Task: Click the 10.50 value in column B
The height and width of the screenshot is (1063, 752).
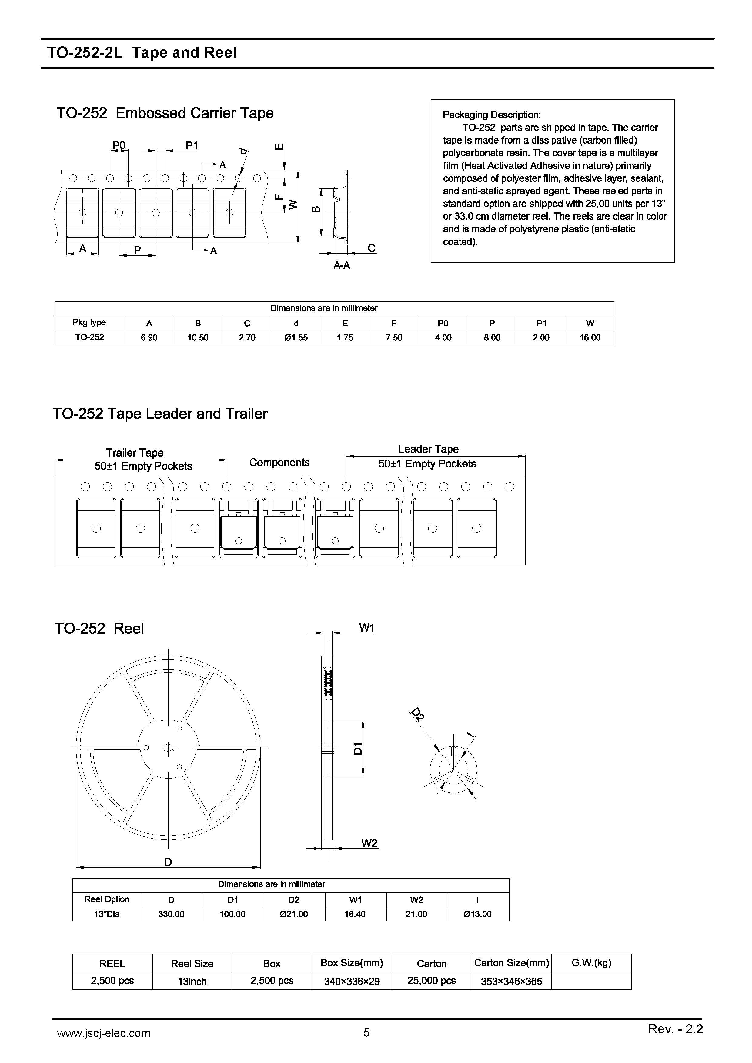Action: point(198,337)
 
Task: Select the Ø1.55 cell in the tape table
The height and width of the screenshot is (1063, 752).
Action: point(296,337)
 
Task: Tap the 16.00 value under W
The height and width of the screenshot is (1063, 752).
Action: point(590,337)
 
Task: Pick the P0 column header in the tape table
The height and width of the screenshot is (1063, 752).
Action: point(443,323)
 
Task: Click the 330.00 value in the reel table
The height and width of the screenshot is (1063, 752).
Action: point(172,914)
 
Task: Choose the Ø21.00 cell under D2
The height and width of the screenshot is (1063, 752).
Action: point(294,914)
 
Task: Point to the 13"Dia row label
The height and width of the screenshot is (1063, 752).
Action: point(107,914)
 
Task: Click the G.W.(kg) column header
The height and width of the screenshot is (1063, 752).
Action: point(591,963)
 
